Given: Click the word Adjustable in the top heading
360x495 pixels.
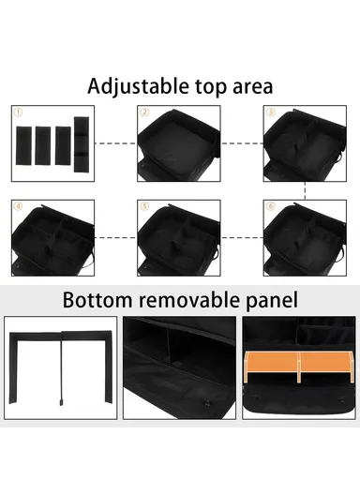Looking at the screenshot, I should click(133, 87).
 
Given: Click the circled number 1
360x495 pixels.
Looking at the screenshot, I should click(17, 112).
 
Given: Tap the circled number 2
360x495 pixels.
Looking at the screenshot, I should click(144, 112).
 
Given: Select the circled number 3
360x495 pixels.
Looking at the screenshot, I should click(270, 112).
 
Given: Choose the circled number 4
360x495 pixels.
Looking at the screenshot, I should click(17, 205).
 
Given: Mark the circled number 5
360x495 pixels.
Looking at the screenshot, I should click(144, 205).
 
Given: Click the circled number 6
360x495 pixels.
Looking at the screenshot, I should click(270, 205).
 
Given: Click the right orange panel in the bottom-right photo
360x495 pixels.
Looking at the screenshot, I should click(322, 366).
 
